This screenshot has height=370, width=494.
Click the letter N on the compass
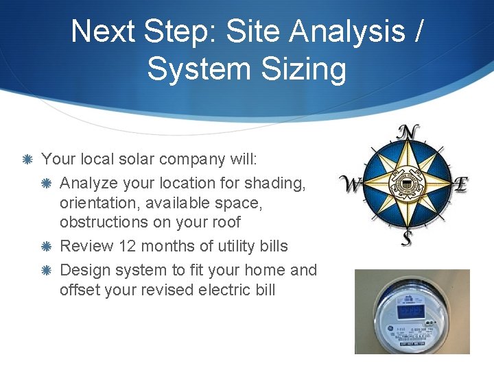pyautogui.click(x=409, y=132)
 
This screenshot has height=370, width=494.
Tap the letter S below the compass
pyautogui.click(x=407, y=238)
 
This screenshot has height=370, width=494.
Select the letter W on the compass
pyautogui.click(x=351, y=184)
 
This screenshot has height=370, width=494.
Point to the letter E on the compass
pyautogui.click(x=460, y=184)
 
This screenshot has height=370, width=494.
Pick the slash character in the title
pyautogui.click(x=417, y=31)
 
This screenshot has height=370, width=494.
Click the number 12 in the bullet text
pyautogui.click(x=128, y=246)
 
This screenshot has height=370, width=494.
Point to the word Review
pyautogui.click(x=86, y=246)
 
